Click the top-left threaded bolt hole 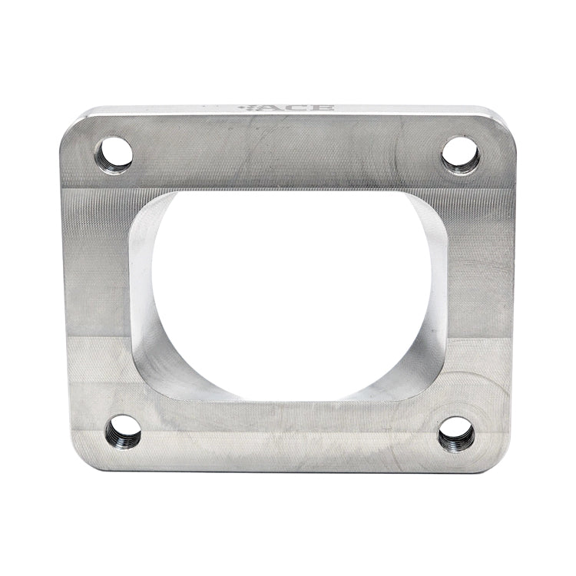point(114,154)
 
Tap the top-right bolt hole point(462,155)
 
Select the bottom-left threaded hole point(124,432)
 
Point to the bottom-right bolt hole point(456,434)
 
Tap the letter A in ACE point(271,108)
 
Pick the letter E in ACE point(323,108)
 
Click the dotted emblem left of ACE point(247,108)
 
